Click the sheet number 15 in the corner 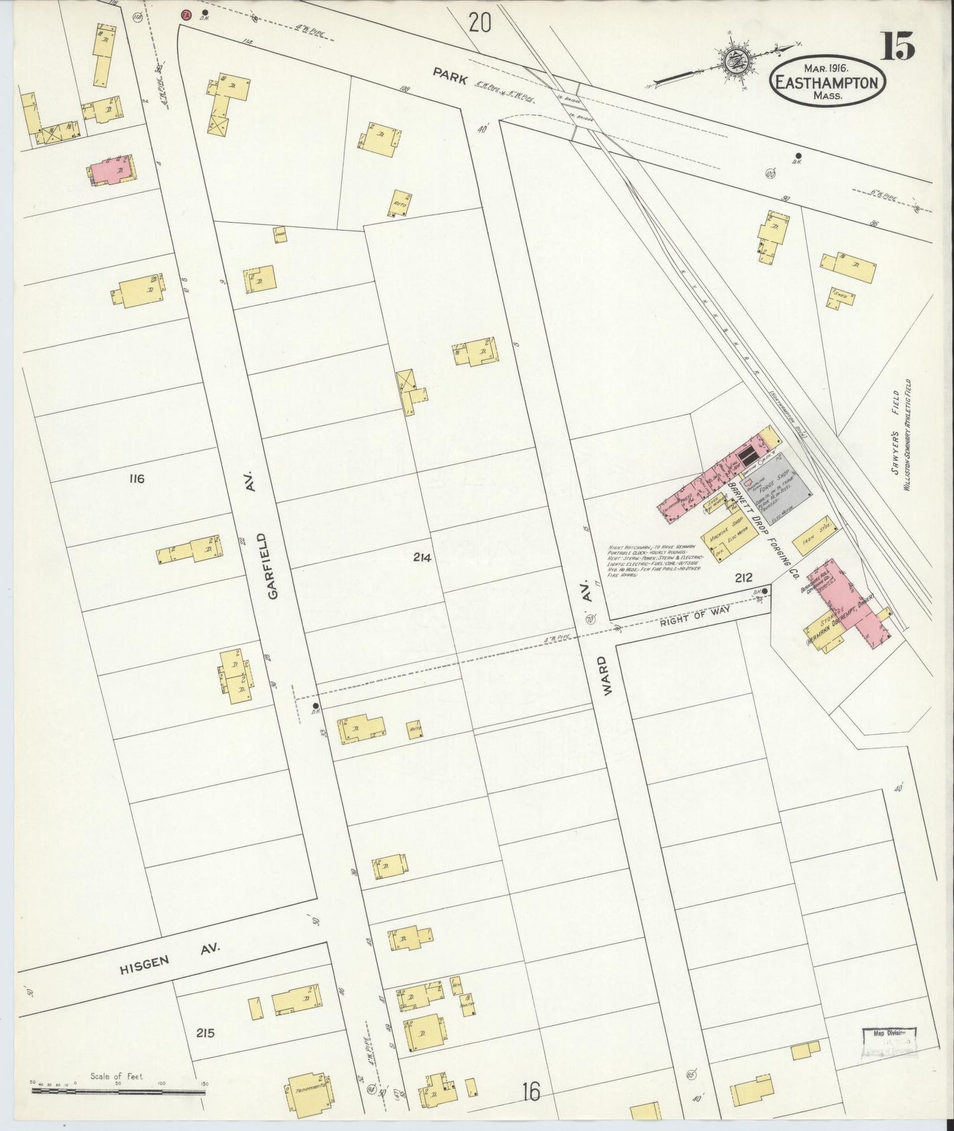pyautogui.click(x=897, y=48)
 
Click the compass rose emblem pyautogui.click(x=733, y=61)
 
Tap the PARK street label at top pyautogui.click(x=452, y=76)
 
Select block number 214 pyautogui.click(x=422, y=558)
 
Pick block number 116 pyautogui.click(x=137, y=478)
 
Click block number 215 pyautogui.click(x=205, y=1033)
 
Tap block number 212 pyautogui.click(x=743, y=578)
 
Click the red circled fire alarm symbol pyautogui.click(x=187, y=13)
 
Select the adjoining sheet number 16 pyautogui.click(x=529, y=1092)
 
